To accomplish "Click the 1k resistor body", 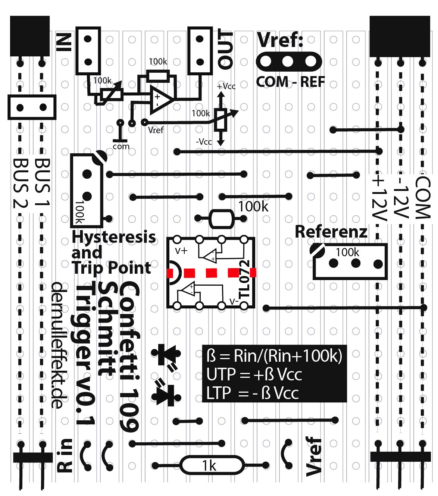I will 211,465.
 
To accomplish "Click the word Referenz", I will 331,232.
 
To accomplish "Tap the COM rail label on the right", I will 423,198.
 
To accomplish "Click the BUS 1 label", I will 42,182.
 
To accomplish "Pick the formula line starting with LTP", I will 253,393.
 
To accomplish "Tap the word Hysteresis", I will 114,236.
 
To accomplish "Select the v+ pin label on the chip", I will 182,250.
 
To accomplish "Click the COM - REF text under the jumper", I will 290,82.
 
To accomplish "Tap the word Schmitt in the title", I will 107,328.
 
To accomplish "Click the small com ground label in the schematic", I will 121,147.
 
